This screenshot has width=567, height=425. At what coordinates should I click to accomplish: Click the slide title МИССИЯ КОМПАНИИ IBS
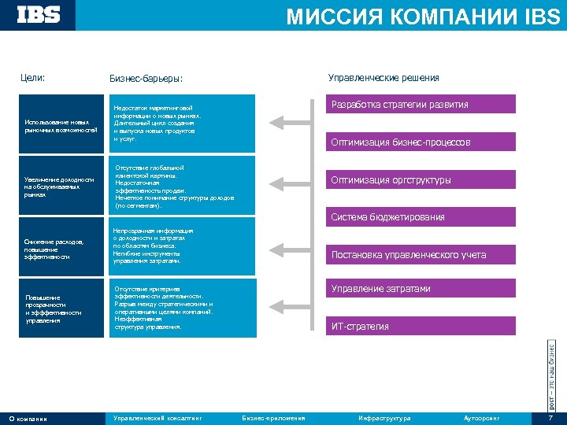coord(423,17)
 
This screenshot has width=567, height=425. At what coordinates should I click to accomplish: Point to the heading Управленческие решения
coord(383,77)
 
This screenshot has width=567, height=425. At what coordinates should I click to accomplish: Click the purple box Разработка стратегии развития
coord(421,105)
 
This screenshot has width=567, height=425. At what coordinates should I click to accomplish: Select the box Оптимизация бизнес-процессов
coord(421,142)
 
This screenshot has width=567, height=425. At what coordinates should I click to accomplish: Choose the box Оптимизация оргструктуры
coord(421,180)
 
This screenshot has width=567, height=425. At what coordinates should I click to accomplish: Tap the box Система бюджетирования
coord(421,217)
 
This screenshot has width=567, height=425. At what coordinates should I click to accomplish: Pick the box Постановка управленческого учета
coord(421,255)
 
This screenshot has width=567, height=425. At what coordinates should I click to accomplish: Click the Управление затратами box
coord(421,289)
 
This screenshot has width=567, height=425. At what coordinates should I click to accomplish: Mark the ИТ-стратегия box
coord(421,326)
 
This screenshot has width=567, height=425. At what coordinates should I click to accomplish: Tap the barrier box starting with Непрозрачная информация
coord(180,246)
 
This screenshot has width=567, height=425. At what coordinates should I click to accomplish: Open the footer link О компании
coord(28,418)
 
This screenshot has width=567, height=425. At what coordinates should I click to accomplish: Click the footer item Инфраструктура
coord(384,418)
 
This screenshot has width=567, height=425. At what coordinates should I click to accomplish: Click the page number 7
coord(550,418)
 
